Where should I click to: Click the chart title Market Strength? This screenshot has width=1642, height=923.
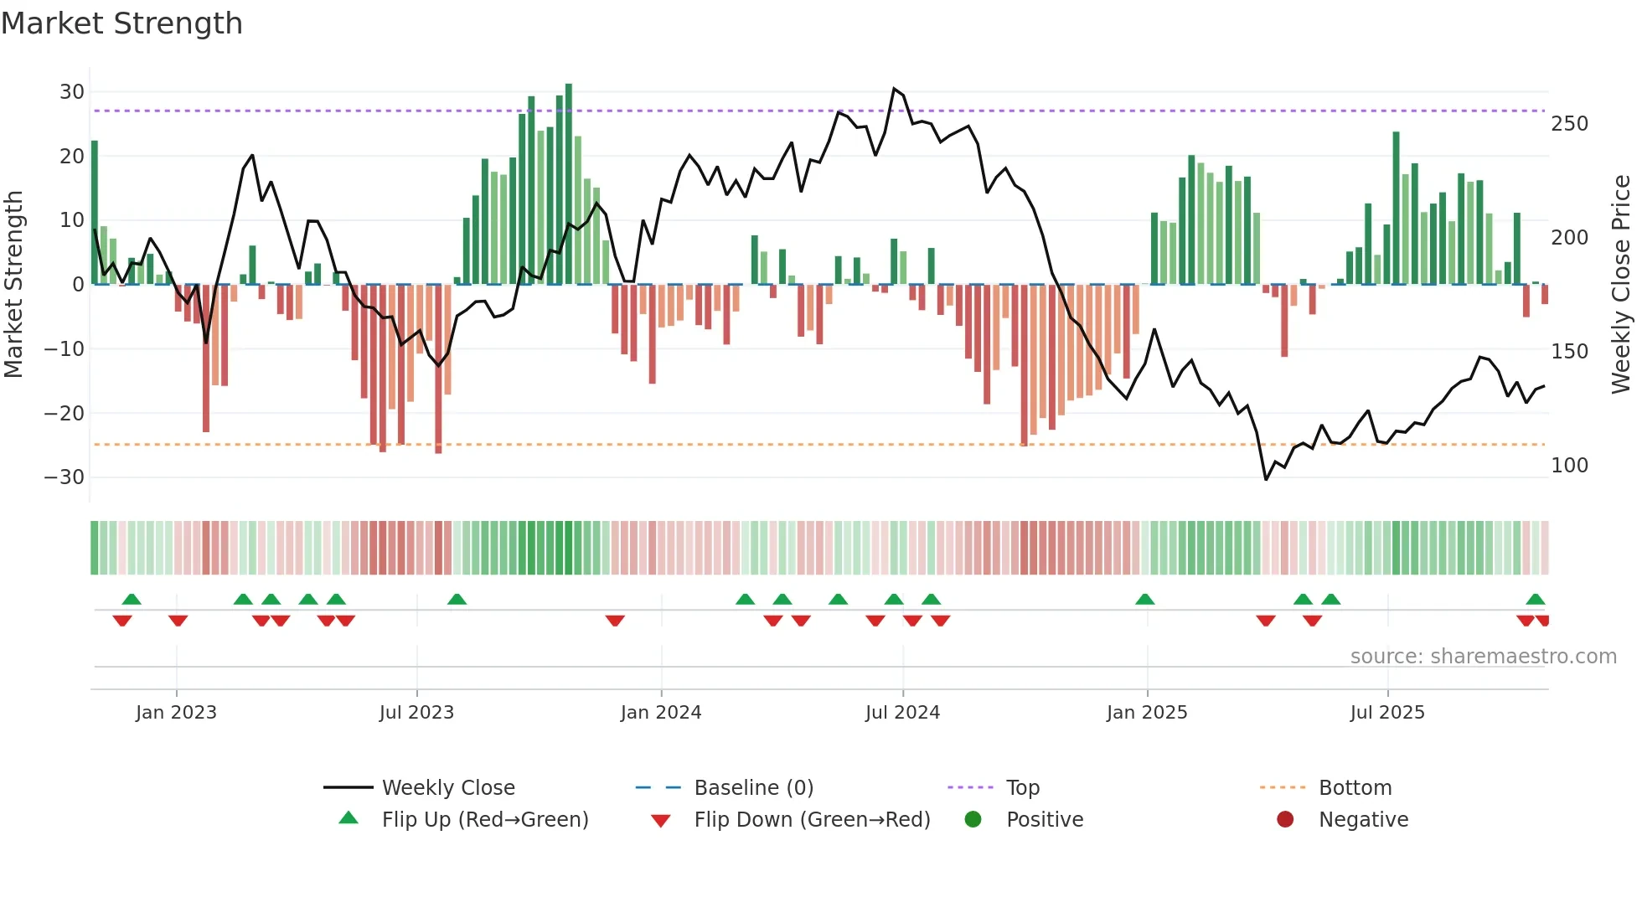coord(121,23)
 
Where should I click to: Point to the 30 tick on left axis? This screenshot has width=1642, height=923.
coord(72,92)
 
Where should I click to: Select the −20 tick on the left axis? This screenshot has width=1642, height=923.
coord(65,413)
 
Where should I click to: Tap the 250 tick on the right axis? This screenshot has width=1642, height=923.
coord(1569,124)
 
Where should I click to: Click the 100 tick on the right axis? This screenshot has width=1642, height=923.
coord(1569,466)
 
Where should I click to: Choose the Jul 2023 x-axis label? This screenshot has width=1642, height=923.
coord(416,713)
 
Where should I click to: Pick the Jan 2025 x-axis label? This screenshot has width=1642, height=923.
coord(1146,713)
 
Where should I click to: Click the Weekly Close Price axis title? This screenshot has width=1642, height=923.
coord(1621,284)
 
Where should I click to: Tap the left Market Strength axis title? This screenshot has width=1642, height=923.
coord(13,284)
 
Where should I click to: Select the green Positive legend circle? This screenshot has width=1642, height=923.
coord(973,819)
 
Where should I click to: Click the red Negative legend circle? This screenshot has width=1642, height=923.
coord(1285,819)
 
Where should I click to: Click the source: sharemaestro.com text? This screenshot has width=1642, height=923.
coord(1483,657)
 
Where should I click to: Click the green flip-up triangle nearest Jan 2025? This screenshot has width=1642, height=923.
coord(1144,599)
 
